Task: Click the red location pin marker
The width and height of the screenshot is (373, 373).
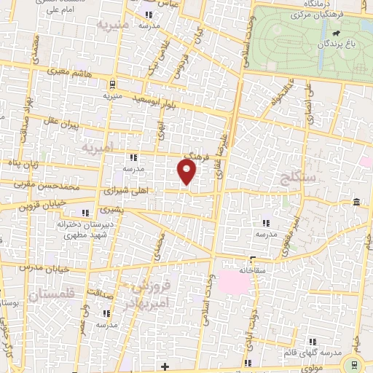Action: (187, 171)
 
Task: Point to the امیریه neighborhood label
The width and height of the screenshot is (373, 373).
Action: (98, 148)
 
